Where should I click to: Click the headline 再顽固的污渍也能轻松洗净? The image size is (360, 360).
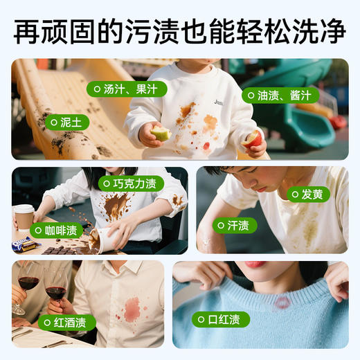[180, 30]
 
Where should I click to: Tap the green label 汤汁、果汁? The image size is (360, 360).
[122, 89]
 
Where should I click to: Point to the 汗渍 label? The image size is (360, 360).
[233, 225]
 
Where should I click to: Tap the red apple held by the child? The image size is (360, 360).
[254, 138]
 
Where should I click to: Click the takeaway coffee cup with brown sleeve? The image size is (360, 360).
[24, 217]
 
